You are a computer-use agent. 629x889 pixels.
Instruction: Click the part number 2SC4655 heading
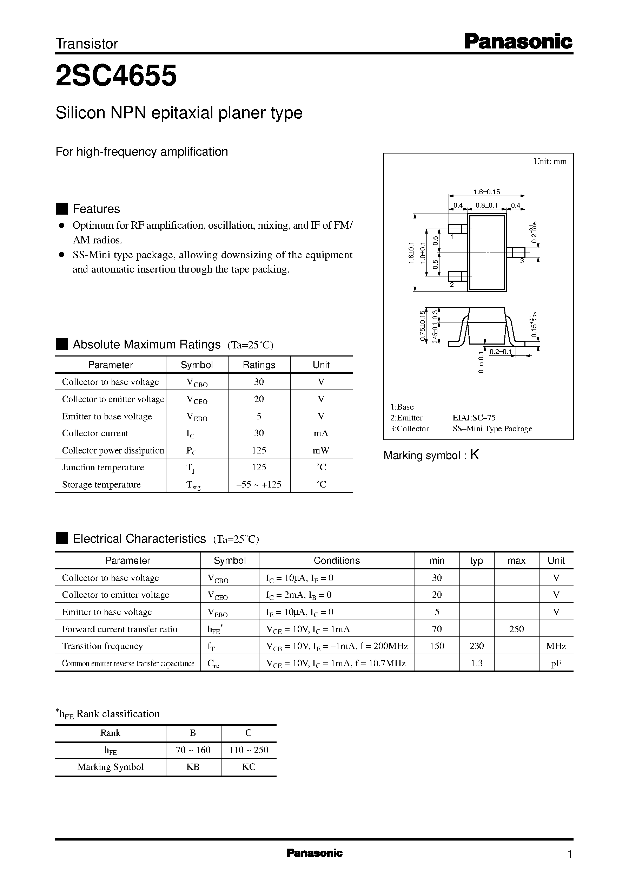coord(116,76)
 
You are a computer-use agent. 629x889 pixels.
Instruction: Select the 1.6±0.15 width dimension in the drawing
coord(487,191)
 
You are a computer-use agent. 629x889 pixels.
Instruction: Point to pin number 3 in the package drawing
coord(522,261)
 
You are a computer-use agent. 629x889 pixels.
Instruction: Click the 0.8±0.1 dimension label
coord(487,205)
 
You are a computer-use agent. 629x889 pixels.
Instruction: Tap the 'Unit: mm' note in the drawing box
coord(550,161)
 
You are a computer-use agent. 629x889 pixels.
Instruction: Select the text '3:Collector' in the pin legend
coord(409,429)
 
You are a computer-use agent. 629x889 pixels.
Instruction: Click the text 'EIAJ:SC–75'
coord(474,418)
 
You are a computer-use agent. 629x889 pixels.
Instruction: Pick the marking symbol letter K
coord(475,455)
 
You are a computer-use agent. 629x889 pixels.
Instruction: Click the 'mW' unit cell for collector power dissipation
coord(321,450)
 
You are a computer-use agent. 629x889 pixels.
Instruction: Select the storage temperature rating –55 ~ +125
coord(259,484)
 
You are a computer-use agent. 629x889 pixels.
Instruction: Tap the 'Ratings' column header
coord(259,365)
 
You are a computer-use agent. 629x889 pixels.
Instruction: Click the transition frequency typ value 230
coord(476,646)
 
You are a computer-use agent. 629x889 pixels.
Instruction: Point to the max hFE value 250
coord(516,629)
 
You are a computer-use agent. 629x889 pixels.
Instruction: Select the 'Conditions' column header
coord(337,560)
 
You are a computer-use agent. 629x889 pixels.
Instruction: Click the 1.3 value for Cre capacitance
coord(476,663)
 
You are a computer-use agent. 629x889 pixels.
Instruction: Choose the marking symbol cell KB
coord(193,767)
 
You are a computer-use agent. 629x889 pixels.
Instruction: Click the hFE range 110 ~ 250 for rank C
coord(249,750)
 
